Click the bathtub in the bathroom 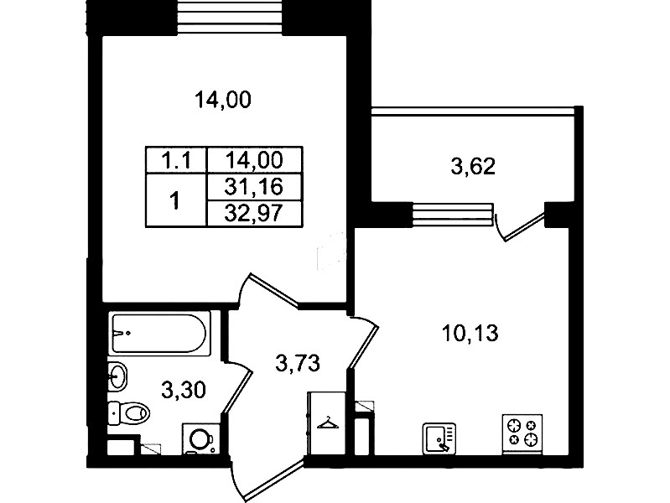[x=160, y=334]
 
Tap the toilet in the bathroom [x=129, y=413]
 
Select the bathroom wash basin [x=117, y=376]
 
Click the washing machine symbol [x=201, y=438]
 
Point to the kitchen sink [x=439, y=438]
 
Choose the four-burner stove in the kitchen [x=522, y=433]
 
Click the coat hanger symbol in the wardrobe [x=328, y=423]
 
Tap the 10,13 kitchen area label [x=470, y=334]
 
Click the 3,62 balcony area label [x=473, y=166]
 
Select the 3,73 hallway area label [x=298, y=364]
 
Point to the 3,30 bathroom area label [x=184, y=390]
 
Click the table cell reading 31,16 [x=254, y=187]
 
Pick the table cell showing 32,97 [x=254, y=213]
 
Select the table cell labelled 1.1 [x=176, y=161]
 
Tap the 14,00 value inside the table [x=254, y=160]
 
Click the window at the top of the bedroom [x=230, y=17]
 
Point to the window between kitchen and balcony [x=453, y=214]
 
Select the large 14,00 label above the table [x=223, y=100]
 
